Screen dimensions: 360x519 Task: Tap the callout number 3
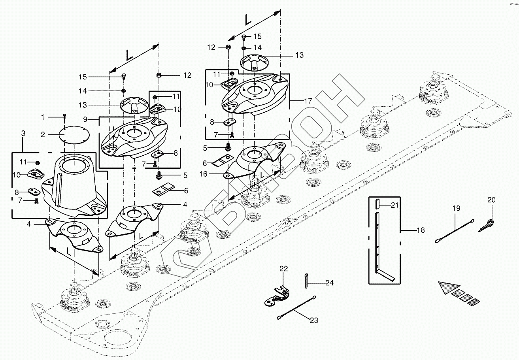point(23,134)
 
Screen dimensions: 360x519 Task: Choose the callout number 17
point(308,101)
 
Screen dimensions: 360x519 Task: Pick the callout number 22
point(284,269)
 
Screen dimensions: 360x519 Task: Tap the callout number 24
point(329,283)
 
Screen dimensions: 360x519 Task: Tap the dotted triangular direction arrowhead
point(449,287)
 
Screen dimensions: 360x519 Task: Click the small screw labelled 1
point(64,117)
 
